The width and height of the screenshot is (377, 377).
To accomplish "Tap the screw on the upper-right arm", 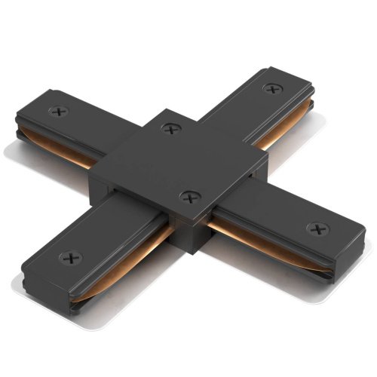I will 271,89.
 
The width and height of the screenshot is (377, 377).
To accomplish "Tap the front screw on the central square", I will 185,197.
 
